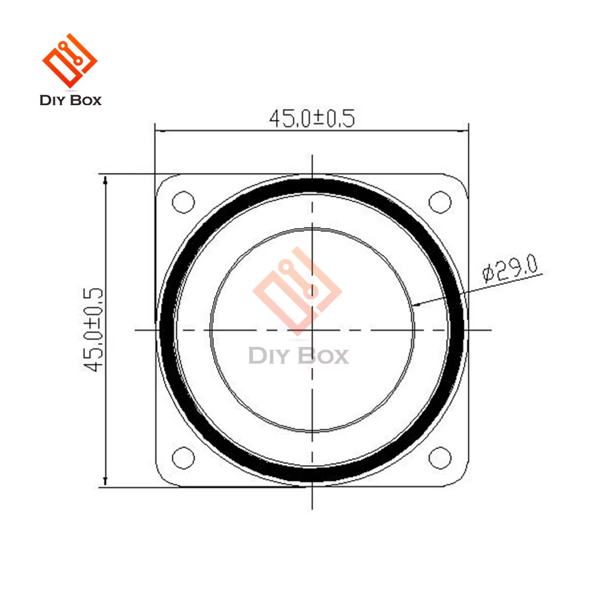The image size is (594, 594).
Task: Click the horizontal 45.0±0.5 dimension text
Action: point(312,118)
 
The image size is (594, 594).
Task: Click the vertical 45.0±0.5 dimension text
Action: point(93,330)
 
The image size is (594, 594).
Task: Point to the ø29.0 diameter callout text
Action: point(510,268)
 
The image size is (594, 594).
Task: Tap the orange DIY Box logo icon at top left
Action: point(69,61)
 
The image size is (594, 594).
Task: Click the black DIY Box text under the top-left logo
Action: point(71,100)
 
